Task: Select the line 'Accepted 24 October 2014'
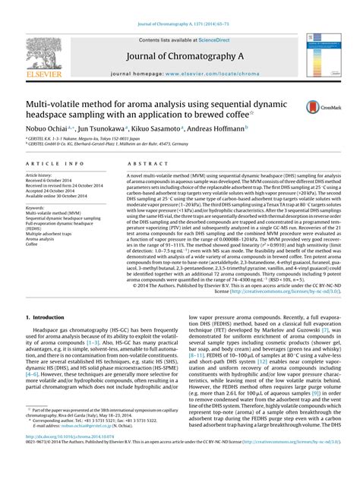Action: tap(58, 190)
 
